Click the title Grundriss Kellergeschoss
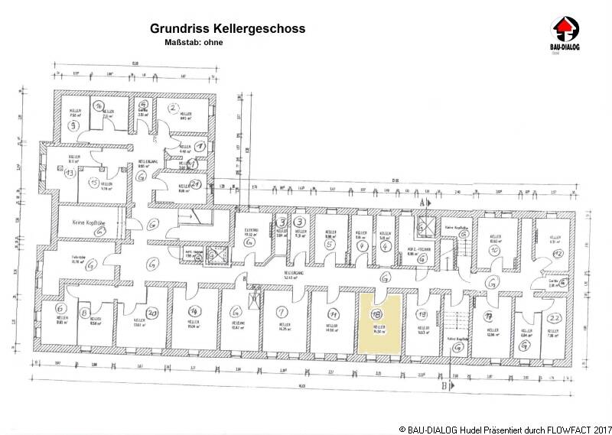pos(228,29)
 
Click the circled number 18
pos(376,314)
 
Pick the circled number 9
pos(73,125)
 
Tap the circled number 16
pos(98,106)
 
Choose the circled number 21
pos(197,183)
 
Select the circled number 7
pos(282,312)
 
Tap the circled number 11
pos(334,313)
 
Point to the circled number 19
pos(421,314)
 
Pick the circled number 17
pos(484,314)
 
